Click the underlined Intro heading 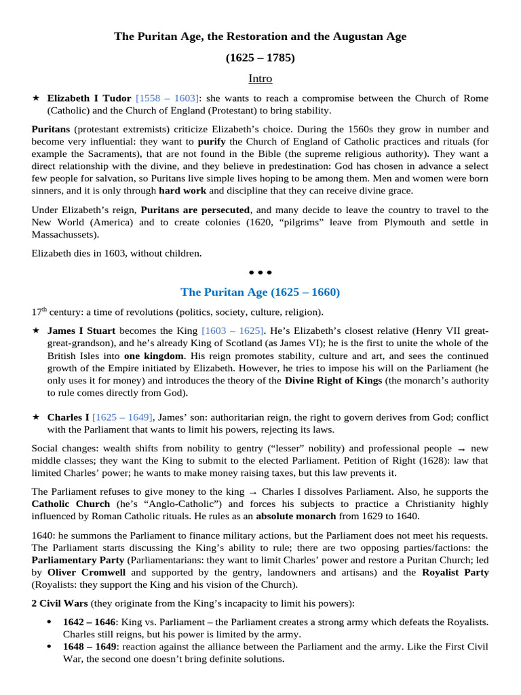tap(260, 79)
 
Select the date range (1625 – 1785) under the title tap(260, 58)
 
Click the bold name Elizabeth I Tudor tap(89, 98)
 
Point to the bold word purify tap(211, 142)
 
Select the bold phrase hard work tap(182, 191)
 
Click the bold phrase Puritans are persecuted tap(195, 210)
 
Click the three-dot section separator tap(260, 273)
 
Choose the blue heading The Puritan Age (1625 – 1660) tap(260, 292)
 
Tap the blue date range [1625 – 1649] tap(123, 417)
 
